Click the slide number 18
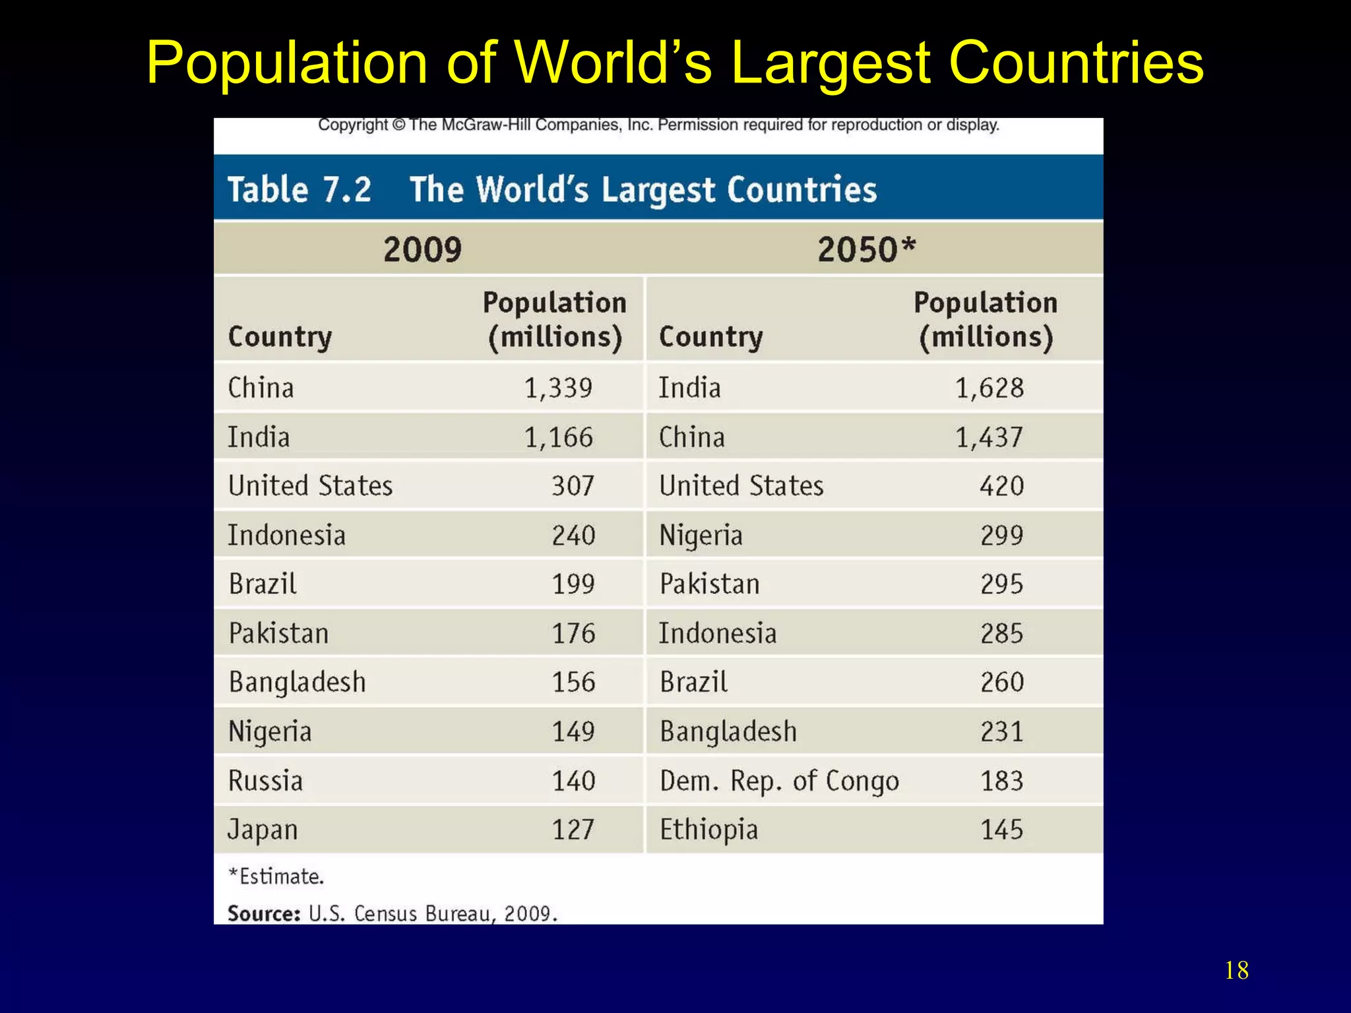coord(1236,971)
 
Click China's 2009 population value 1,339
coord(558,388)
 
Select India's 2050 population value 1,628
coord(990,388)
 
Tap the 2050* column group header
coord(866,249)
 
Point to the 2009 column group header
coord(422,249)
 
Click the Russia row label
coord(265,781)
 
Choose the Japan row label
coord(263,830)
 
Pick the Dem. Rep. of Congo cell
coord(779,781)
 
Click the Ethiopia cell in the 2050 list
coord(708,830)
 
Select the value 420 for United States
coord(1001,486)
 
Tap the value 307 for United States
coord(573,486)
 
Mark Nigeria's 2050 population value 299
coord(1001,535)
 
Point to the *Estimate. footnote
coord(276,876)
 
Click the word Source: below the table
coord(264,913)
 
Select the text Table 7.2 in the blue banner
coord(299,189)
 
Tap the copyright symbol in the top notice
coord(398,125)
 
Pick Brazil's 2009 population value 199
coord(573,584)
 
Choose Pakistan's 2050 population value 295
coord(1001,584)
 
